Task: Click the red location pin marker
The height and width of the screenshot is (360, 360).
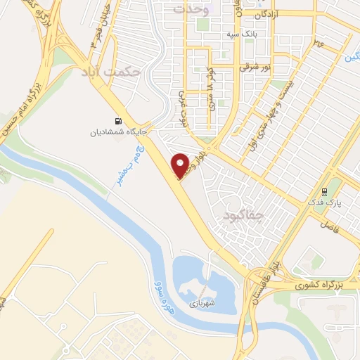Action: pyautogui.click(x=181, y=165)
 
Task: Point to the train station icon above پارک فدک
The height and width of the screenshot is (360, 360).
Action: pyautogui.click(x=323, y=191)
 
